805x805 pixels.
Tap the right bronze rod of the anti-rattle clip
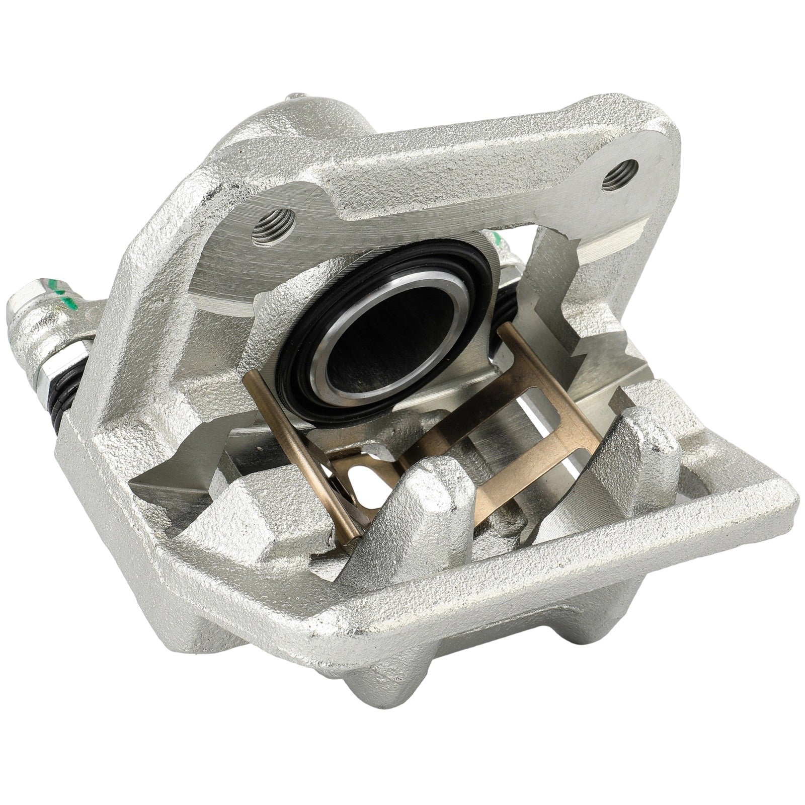(528, 382)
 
